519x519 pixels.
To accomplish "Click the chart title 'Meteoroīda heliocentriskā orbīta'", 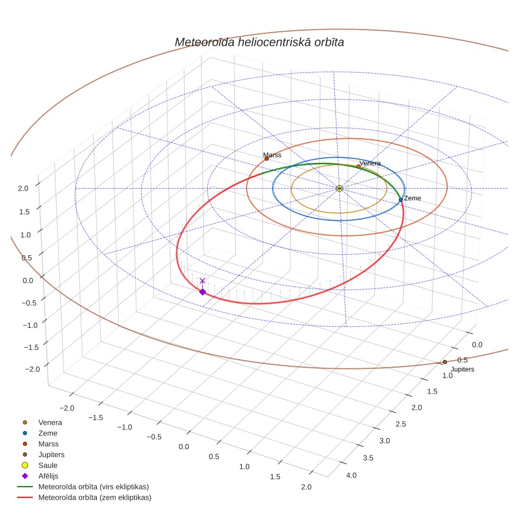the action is pyautogui.click(x=259, y=43).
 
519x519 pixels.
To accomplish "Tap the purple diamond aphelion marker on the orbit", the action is pyautogui.click(x=202, y=292).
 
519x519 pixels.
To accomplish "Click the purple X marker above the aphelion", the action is pyautogui.click(x=202, y=280).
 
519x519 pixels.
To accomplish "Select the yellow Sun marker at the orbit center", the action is pyautogui.click(x=339, y=188).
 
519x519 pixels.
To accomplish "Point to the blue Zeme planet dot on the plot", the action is pyautogui.click(x=401, y=200).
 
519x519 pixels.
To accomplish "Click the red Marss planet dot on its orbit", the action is pyautogui.click(x=266, y=158).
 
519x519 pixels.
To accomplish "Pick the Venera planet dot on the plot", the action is pyautogui.click(x=359, y=166).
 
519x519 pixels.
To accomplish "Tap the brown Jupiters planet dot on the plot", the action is pyautogui.click(x=445, y=362).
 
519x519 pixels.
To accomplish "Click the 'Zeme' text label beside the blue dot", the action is pyautogui.click(x=412, y=198).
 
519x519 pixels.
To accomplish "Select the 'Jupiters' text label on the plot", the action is pyautogui.click(x=462, y=369).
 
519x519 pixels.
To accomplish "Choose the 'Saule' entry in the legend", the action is pyautogui.click(x=48, y=465).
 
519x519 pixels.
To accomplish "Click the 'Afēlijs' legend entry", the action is pyautogui.click(x=48, y=475).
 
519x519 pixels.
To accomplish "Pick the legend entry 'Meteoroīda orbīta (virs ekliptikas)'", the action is pyautogui.click(x=94, y=487).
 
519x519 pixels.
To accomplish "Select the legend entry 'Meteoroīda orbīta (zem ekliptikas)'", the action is pyautogui.click(x=95, y=497).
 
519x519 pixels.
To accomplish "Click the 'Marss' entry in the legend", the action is pyautogui.click(x=48, y=444).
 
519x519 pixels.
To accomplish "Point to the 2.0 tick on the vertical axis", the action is pyautogui.click(x=23, y=188).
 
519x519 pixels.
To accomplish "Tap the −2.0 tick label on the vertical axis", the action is pyautogui.click(x=32, y=369).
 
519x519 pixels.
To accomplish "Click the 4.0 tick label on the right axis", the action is pyautogui.click(x=351, y=475).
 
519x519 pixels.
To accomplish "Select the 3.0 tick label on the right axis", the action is pyautogui.click(x=384, y=440).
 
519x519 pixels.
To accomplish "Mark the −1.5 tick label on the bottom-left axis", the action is pyautogui.click(x=96, y=417).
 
